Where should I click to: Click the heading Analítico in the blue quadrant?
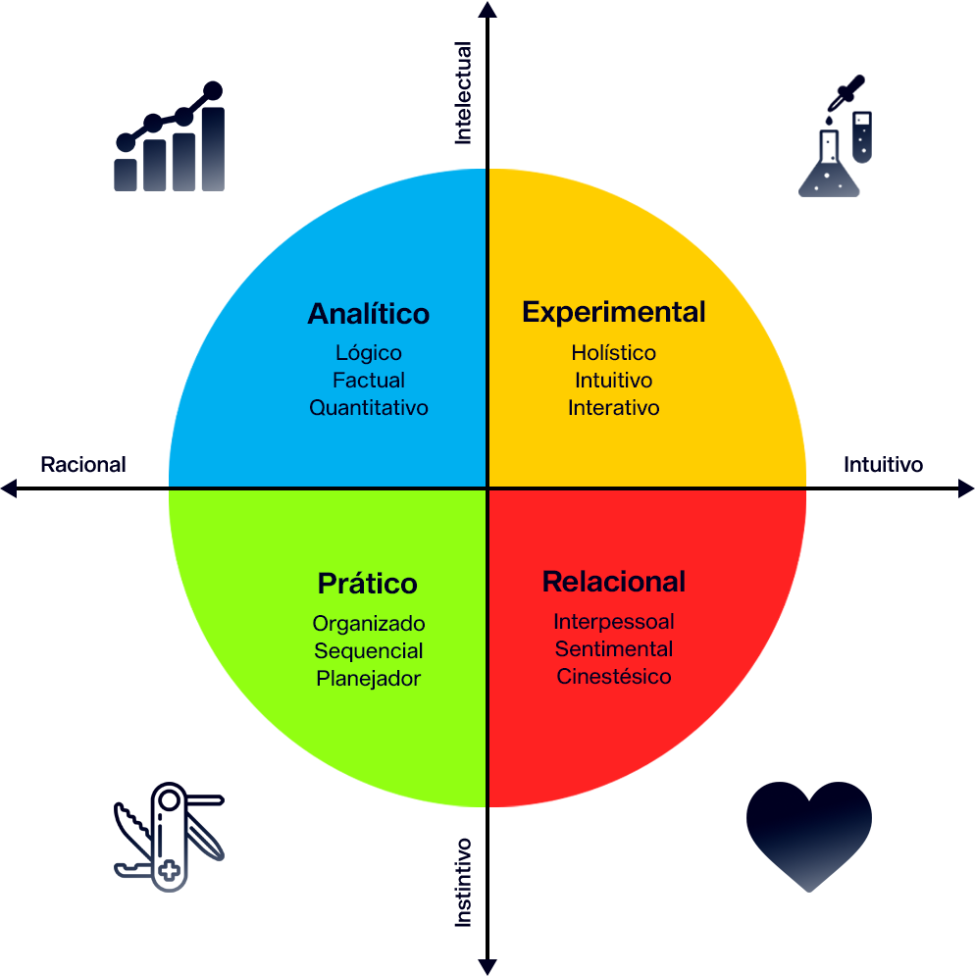pyautogui.click(x=369, y=313)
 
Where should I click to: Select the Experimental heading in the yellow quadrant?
pyautogui.click(x=613, y=313)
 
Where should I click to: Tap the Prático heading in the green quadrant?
pyautogui.click(x=367, y=584)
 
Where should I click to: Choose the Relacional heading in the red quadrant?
pyautogui.click(x=613, y=582)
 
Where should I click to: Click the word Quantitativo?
pyautogui.click(x=369, y=408)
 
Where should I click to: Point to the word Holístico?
pyautogui.click(x=613, y=352)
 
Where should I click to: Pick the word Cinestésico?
pyautogui.click(x=613, y=676)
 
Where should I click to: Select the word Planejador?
pyautogui.click(x=368, y=679)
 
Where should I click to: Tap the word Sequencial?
pyautogui.click(x=368, y=651)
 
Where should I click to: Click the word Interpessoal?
pyautogui.click(x=613, y=621)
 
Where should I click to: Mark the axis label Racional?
pyautogui.click(x=82, y=464)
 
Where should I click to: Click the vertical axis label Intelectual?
pyautogui.click(x=463, y=93)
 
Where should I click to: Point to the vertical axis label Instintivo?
pyautogui.click(x=463, y=883)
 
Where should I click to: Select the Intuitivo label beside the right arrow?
pyautogui.click(x=883, y=464)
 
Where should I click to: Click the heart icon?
pyautogui.click(x=809, y=836)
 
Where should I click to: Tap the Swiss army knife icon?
pyautogui.click(x=169, y=837)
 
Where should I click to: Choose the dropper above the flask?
pyautogui.click(x=846, y=92)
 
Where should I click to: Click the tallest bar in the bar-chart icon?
pyautogui.click(x=213, y=149)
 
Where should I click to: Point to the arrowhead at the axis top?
pyautogui.click(x=487, y=10)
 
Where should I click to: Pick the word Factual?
pyautogui.click(x=369, y=380)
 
